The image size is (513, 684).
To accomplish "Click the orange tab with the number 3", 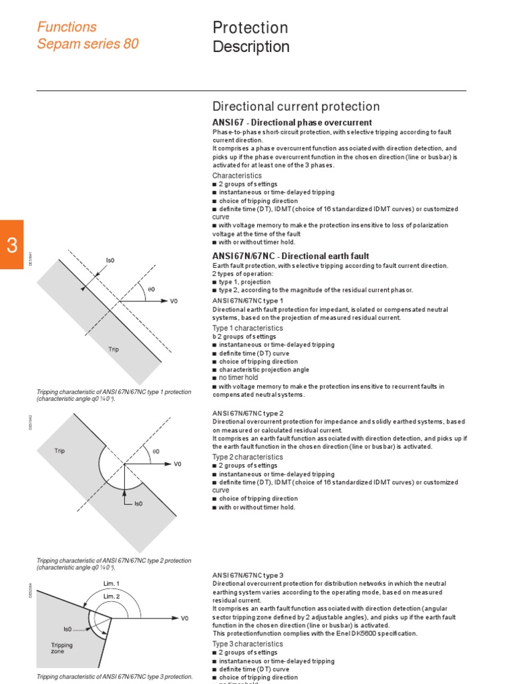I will [x=11, y=244].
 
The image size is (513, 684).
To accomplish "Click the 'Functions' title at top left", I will [x=67, y=27].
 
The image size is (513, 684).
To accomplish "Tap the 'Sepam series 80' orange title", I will [x=88, y=45].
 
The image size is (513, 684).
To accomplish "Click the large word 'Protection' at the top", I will [x=250, y=27].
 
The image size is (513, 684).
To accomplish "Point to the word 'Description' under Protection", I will [x=250, y=47].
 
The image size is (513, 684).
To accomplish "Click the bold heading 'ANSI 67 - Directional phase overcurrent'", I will [x=292, y=122].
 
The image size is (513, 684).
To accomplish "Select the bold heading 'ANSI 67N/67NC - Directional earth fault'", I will [x=291, y=256].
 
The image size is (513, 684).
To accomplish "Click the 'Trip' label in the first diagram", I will [x=114, y=349].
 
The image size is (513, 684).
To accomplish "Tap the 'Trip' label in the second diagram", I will [x=60, y=451].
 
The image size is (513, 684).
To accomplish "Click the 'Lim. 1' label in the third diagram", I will [x=111, y=583].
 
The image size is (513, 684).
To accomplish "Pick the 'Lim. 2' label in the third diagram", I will [x=112, y=596].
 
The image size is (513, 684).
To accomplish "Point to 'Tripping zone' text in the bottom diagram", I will [x=62, y=649].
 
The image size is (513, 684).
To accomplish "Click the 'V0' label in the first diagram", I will [x=174, y=301].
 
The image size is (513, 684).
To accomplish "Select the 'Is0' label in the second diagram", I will [x=139, y=504].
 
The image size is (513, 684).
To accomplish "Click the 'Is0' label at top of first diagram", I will [x=110, y=260].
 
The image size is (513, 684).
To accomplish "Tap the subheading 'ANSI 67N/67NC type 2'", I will [x=247, y=413].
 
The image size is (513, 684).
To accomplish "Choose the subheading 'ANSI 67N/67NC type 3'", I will [x=247, y=575].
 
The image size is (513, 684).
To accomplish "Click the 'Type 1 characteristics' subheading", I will [x=247, y=328].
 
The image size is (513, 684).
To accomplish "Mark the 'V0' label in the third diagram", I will [x=185, y=619].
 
